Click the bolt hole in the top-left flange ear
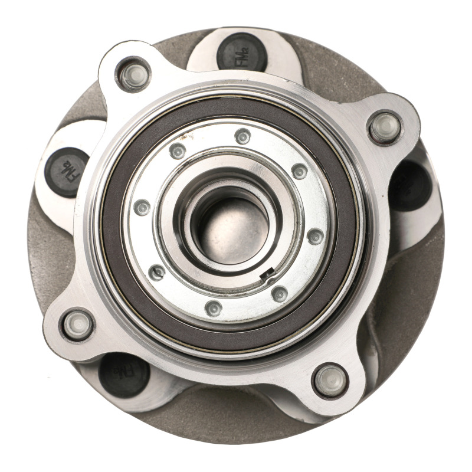pyautogui.click(x=133, y=75)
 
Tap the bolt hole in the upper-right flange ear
pyautogui.click(x=385, y=127)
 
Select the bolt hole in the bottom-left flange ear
pyautogui.click(x=78, y=324)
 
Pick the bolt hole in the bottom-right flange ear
pyautogui.click(x=330, y=381)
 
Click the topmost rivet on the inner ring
pyautogui.click(x=242, y=136)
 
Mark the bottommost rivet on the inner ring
pyautogui.click(x=214, y=308)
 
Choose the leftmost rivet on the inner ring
pyautogui.click(x=142, y=207)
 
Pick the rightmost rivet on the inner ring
pyautogui.click(x=316, y=236)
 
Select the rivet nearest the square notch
pyautogui.click(x=280, y=293)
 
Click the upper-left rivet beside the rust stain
pyautogui.click(x=178, y=151)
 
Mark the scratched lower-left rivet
pyautogui.click(x=158, y=272)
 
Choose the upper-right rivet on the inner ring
pyautogui.click(x=299, y=171)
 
